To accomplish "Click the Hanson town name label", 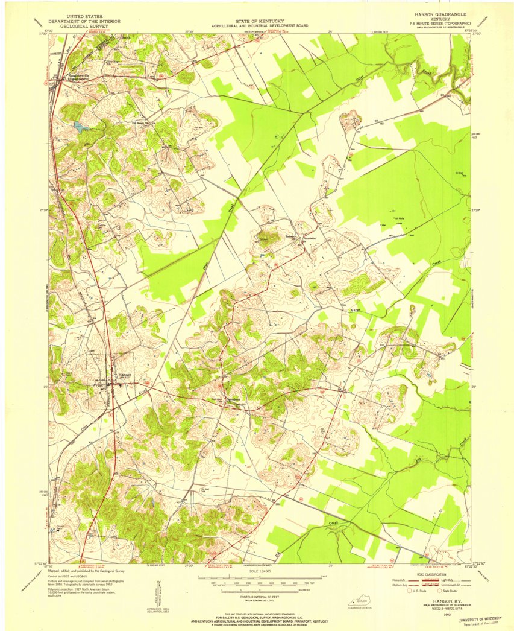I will (x=124, y=374).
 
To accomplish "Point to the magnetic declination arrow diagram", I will (x=158, y=594).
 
